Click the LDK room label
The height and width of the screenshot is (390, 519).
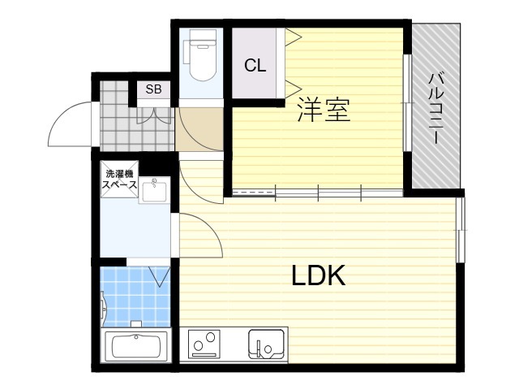[319, 275]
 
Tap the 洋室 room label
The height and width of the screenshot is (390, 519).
[324, 109]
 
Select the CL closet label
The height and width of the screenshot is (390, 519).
[255, 65]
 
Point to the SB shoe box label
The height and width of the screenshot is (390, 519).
[153, 89]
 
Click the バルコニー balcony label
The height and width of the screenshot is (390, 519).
[436, 108]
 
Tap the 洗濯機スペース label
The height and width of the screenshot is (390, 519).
[119, 179]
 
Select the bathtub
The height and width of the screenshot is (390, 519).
[136, 346]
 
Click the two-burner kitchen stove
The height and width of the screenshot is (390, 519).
[204, 344]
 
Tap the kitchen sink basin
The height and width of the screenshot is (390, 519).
[267, 344]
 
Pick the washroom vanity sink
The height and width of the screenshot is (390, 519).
[154, 190]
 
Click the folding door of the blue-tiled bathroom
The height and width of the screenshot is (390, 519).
[160, 276]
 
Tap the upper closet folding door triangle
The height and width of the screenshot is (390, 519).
[294, 37]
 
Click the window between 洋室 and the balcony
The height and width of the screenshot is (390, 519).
[407, 103]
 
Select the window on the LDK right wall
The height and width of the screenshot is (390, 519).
[461, 230]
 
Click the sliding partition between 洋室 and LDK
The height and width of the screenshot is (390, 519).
[318, 193]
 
